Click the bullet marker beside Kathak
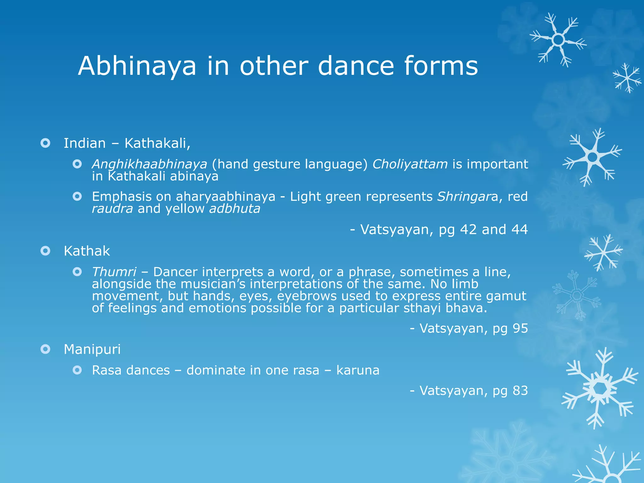point(46,251)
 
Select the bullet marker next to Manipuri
point(46,349)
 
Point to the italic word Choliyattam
point(410,164)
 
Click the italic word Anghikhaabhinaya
point(149,164)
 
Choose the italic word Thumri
point(114,272)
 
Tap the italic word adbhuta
point(235,209)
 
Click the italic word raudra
point(112,209)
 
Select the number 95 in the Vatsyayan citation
point(520,328)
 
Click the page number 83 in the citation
point(520,391)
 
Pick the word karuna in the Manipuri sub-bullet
point(358,370)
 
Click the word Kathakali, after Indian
point(157,143)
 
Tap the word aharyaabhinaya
point(225,197)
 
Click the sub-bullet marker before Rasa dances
point(77,370)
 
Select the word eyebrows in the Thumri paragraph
point(307,296)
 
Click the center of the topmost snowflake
point(558,40)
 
